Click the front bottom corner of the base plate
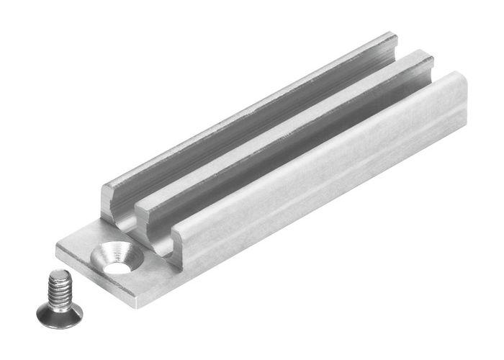(x=138, y=301)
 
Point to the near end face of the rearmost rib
(x=115, y=205)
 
